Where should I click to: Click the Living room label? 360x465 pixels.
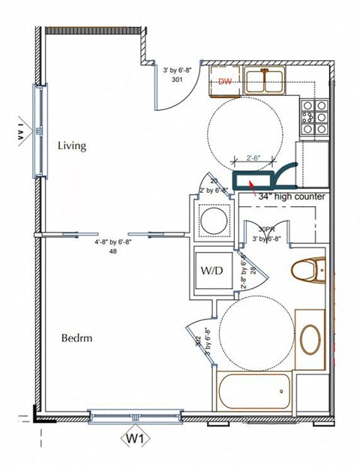tap(72, 145)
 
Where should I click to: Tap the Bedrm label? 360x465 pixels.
tap(76, 338)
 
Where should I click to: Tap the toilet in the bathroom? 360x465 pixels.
tap(308, 268)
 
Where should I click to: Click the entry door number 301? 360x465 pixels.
tap(178, 78)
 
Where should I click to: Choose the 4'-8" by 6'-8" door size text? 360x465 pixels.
tap(112, 243)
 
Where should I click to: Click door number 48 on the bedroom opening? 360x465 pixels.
tap(112, 252)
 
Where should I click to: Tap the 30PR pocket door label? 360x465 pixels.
tap(266, 229)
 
